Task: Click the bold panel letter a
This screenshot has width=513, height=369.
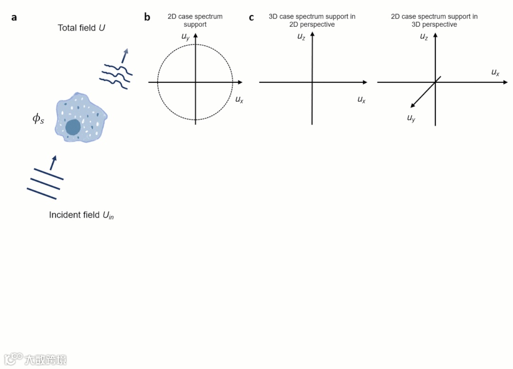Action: [x=14, y=18]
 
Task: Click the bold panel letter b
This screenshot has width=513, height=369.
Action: [x=147, y=18]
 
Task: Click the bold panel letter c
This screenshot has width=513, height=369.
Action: [x=252, y=18]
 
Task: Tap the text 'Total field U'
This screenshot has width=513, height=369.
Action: [x=81, y=28]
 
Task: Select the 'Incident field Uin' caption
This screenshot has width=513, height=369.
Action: [x=81, y=215]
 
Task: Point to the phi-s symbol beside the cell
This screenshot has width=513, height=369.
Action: [x=38, y=119]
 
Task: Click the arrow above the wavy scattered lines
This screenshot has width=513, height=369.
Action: [x=125, y=55]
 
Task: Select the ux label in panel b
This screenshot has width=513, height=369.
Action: [x=239, y=99]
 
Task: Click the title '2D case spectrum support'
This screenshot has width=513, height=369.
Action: [x=195, y=20]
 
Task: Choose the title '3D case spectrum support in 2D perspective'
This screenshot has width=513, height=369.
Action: [x=312, y=20]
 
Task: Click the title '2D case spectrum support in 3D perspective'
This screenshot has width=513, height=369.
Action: [x=434, y=20]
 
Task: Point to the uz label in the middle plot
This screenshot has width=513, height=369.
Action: [x=301, y=36]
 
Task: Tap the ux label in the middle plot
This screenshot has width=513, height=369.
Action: [x=361, y=99]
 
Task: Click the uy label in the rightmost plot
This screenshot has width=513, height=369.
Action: [x=411, y=118]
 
